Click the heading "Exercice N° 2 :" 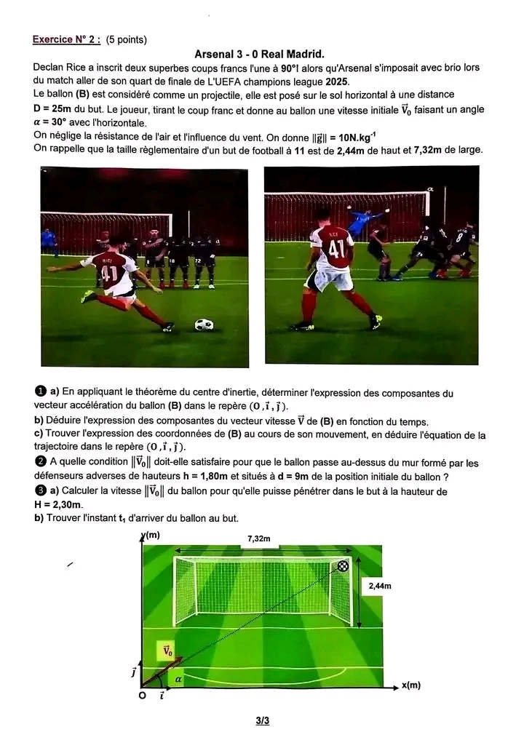66,39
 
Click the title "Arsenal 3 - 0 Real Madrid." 259,54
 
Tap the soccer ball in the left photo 205,325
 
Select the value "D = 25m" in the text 52,109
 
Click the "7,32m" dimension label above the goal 259,538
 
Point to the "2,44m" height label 380,586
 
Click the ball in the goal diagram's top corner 343,566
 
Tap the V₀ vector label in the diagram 167,650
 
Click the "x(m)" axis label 411,685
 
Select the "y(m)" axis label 151,536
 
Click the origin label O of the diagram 142,696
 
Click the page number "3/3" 263,721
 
